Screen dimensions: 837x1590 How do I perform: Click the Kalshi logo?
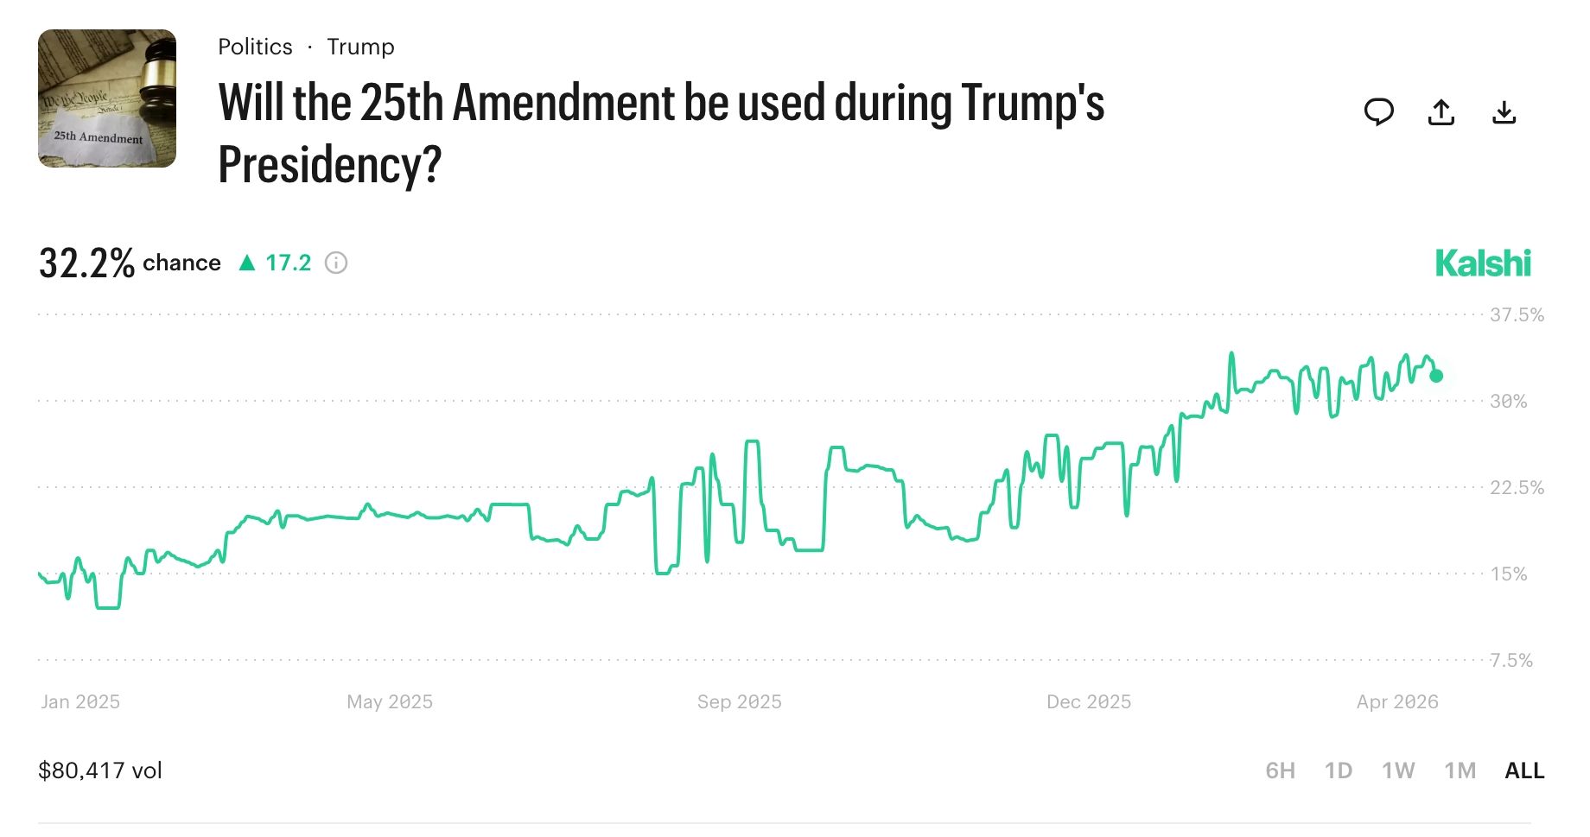tap(1483, 263)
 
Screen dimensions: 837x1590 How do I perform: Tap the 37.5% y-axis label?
tap(1517, 315)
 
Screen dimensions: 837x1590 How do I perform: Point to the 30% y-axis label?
tap(1508, 402)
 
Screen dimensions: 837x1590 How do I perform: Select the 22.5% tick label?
tap(1517, 488)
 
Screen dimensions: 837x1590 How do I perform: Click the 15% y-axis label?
tap(1508, 574)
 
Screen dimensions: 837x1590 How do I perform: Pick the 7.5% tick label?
tap(1511, 661)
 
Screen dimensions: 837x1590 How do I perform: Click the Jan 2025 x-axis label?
tap(80, 702)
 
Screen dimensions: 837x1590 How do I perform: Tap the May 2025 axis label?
tap(390, 702)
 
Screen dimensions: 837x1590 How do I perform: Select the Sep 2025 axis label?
tap(740, 702)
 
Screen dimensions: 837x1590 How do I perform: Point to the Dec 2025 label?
tap(1089, 702)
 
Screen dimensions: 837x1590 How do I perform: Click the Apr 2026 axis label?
tap(1397, 702)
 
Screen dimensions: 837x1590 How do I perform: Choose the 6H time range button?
tap(1280, 770)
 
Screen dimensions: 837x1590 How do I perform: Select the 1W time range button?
tap(1398, 770)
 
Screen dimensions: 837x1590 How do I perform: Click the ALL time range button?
tap(1524, 770)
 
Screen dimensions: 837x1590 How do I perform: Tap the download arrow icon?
tap(1504, 112)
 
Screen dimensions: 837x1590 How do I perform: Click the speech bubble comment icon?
tap(1378, 112)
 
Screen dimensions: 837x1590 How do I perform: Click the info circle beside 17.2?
tap(336, 263)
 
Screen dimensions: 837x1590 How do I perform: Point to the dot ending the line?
tap(1436, 376)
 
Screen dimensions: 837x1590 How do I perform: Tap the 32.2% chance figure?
tap(86, 263)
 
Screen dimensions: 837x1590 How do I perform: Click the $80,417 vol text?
tap(100, 770)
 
